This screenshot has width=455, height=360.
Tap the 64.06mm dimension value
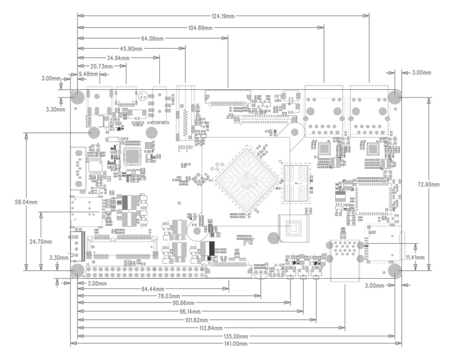click(x=152, y=38)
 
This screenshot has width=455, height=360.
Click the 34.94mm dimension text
click(x=118, y=58)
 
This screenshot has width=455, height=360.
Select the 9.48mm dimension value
click(x=88, y=74)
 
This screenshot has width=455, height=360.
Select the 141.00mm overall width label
click(x=234, y=344)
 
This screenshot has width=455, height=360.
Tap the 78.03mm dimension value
click(x=170, y=296)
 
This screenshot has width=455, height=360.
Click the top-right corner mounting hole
click(x=395, y=97)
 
